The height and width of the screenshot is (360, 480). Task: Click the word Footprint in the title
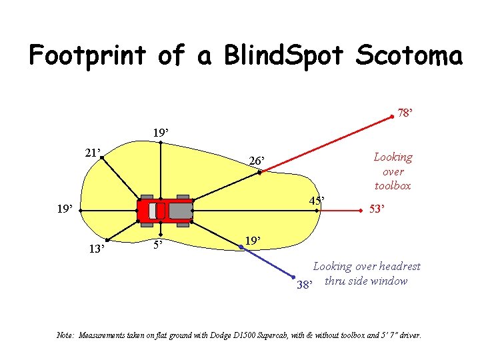(x=86, y=55)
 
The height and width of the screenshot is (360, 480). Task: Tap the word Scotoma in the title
(x=409, y=55)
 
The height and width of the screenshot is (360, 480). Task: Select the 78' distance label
(x=405, y=113)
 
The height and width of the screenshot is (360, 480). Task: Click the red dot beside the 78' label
(x=392, y=117)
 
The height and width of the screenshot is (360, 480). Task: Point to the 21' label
(x=92, y=153)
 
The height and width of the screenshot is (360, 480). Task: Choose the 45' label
(x=316, y=201)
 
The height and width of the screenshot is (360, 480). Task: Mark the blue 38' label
(x=305, y=285)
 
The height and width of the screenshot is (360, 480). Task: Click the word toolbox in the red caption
(x=393, y=186)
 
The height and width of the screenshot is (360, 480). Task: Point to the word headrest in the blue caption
(x=399, y=267)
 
